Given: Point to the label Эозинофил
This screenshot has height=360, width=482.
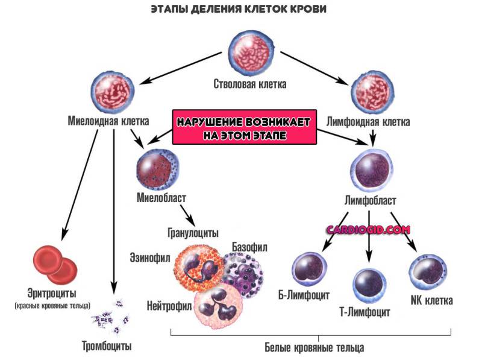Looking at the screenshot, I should coord(149,257).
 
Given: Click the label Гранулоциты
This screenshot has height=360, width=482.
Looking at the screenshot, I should coord(193,232).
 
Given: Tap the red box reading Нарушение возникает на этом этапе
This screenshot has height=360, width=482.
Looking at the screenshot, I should coord(245,127).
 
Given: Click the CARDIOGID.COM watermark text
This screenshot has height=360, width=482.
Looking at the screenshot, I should coord(368,230).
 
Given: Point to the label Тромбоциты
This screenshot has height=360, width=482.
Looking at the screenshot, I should coord(107,346).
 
